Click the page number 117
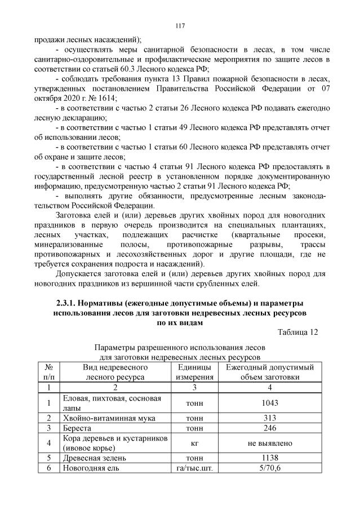(180, 25)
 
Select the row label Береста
(78, 429)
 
